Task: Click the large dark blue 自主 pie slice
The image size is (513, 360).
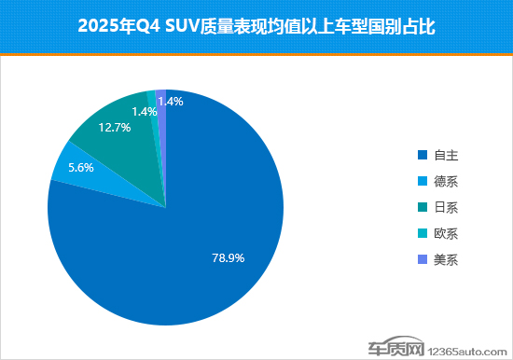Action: click(x=187, y=233)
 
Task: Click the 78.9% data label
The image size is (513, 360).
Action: click(x=229, y=258)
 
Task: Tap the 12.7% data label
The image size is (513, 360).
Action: click(x=114, y=128)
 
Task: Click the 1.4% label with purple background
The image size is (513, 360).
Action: click(x=172, y=102)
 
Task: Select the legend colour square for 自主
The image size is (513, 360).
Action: click(x=423, y=154)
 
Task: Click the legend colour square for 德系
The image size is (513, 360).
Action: click(x=423, y=180)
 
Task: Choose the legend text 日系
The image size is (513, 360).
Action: click(x=447, y=206)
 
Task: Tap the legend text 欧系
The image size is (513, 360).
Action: click(x=447, y=232)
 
